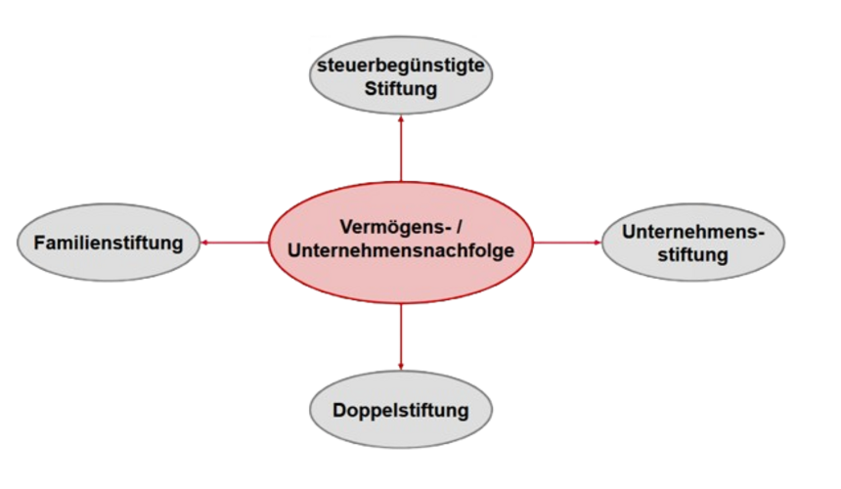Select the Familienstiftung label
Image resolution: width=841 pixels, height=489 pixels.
click(108, 242)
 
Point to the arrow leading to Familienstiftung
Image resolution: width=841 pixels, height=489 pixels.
click(235, 243)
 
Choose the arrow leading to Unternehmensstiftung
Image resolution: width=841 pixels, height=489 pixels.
click(567, 243)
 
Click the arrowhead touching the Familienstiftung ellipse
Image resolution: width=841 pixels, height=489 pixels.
click(205, 243)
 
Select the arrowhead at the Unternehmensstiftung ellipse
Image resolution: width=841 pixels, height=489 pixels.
click(594, 243)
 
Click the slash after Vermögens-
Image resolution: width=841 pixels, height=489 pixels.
click(460, 227)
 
